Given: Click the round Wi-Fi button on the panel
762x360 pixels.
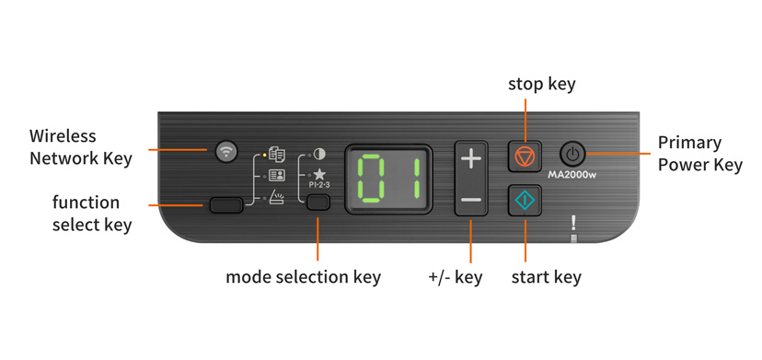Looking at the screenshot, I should pyautogui.click(x=225, y=151).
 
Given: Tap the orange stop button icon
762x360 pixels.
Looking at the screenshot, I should pyautogui.click(x=525, y=157).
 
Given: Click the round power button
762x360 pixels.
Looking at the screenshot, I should pyautogui.click(x=572, y=154).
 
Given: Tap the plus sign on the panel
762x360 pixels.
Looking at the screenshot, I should pyautogui.click(x=470, y=158).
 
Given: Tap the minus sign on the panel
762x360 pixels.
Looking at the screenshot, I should pyautogui.click(x=470, y=199).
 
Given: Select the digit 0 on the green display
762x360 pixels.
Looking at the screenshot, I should pyautogui.click(x=373, y=179).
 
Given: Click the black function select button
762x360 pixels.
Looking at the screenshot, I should pyautogui.click(x=225, y=204).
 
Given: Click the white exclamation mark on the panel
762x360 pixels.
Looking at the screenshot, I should pyautogui.click(x=573, y=223).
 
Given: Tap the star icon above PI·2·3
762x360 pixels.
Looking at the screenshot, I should pyautogui.click(x=319, y=174).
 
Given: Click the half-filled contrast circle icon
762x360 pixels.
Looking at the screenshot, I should pyautogui.click(x=319, y=154).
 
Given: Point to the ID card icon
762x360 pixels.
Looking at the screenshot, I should pyautogui.click(x=276, y=175).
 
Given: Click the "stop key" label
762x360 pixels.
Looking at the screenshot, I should pyautogui.click(x=541, y=84).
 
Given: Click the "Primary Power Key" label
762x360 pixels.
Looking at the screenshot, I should pyautogui.click(x=699, y=154).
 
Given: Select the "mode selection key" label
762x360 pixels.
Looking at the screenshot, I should pyautogui.click(x=303, y=276).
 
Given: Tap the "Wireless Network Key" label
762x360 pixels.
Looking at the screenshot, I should pyautogui.click(x=80, y=147).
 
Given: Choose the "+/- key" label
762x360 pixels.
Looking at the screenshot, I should pyautogui.click(x=455, y=276).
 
